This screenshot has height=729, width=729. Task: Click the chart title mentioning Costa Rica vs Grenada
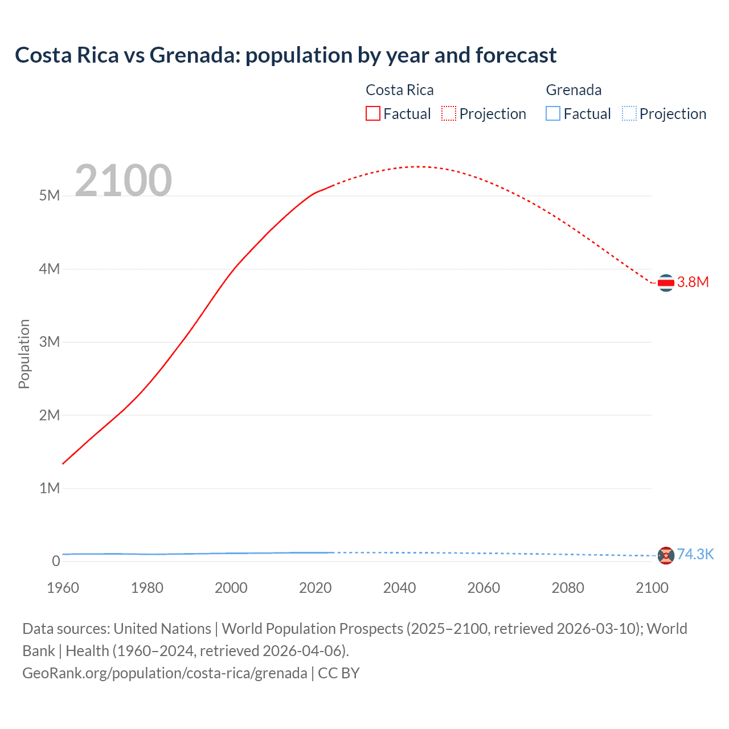(x=285, y=55)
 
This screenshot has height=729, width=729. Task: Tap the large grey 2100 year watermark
(x=123, y=181)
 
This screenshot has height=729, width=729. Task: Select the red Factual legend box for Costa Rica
(x=372, y=114)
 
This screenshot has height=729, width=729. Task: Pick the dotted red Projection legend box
(x=449, y=114)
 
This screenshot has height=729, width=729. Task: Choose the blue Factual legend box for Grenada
(x=552, y=114)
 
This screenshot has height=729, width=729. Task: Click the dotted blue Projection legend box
(x=629, y=114)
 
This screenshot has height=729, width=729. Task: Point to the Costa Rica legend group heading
(x=399, y=90)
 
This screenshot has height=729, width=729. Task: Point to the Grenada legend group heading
(x=574, y=90)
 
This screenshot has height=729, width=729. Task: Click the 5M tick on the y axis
(x=50, y=196)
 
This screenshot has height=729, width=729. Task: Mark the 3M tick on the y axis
(x=50, y=342)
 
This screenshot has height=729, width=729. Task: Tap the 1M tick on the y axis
(x=50, y=489)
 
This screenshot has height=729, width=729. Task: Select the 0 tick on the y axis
(x=56, y=562)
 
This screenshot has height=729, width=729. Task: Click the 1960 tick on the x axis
(x=63, y=588)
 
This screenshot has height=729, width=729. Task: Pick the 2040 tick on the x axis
(x=399, y=588)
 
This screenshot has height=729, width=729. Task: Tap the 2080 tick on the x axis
(x=568, y=588)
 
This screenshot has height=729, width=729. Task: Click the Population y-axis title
(x=24, y=354)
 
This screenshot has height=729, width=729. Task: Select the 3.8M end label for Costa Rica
(x=693, y=282)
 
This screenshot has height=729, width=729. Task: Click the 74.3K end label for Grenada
(x=695, y=555)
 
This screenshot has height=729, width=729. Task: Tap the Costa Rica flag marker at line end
(x=666, y=282)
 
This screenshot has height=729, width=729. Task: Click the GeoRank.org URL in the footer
(x=165, y=673)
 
